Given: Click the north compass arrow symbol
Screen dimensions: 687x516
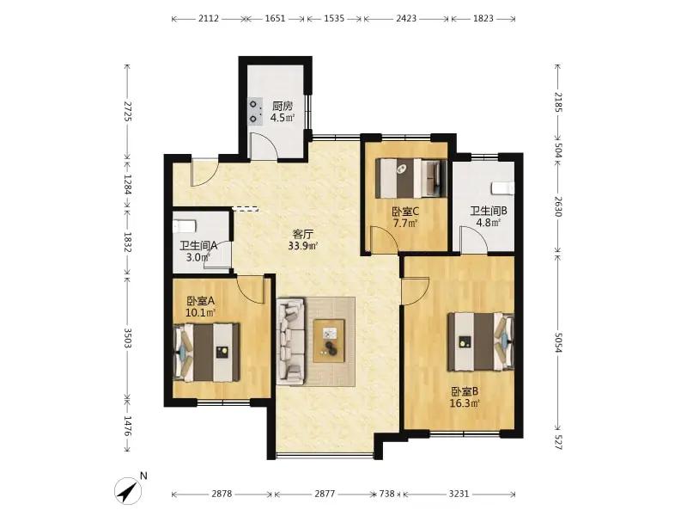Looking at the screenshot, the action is click(x=128, y=490).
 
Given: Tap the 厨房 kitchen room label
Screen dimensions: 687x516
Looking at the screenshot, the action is click(x=283, y=106).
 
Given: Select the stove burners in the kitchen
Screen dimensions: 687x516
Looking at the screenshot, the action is click(x=255, y=112).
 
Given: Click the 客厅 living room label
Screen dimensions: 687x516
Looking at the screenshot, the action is click(x=303, y=234).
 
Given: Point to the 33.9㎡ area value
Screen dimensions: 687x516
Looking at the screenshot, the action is click(x=303, y=246).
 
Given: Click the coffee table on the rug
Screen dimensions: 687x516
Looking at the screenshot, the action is click(x=329, y=341).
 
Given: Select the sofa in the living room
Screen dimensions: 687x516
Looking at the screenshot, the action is click(x=291, y=341).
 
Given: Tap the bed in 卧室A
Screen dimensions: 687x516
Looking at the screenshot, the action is click(x=207, y=353).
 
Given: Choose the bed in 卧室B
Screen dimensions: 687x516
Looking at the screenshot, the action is click(x=481, y=341).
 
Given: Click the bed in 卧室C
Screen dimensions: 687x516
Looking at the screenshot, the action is click(x=411, y=178).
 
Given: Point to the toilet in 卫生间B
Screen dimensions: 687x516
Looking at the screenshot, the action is click(x=502, y=187).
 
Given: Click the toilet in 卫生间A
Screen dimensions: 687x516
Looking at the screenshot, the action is click(x=184, y=226).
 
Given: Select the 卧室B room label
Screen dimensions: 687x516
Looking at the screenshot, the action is click(x=465, y=391).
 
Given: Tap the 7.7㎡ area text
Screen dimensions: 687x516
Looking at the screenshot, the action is click(x=404, y=223).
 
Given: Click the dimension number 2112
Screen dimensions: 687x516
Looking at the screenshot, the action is click(x=209, y=18).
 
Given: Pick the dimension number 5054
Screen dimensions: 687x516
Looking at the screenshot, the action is click(x=557, y=341).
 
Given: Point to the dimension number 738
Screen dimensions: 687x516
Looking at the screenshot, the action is click(x=387, y=494).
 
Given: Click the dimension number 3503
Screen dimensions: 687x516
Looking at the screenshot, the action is click(x=127, y=338).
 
